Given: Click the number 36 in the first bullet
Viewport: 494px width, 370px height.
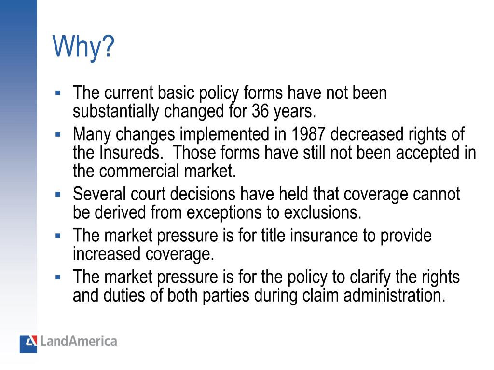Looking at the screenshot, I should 261,112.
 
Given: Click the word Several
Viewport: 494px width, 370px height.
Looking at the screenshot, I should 99,194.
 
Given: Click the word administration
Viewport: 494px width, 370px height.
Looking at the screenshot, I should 394,295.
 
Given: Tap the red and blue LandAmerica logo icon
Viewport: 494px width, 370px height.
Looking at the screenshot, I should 28,344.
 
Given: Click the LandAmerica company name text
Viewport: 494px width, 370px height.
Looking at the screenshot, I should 79,342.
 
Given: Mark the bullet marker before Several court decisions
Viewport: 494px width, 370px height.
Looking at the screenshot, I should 58,195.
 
